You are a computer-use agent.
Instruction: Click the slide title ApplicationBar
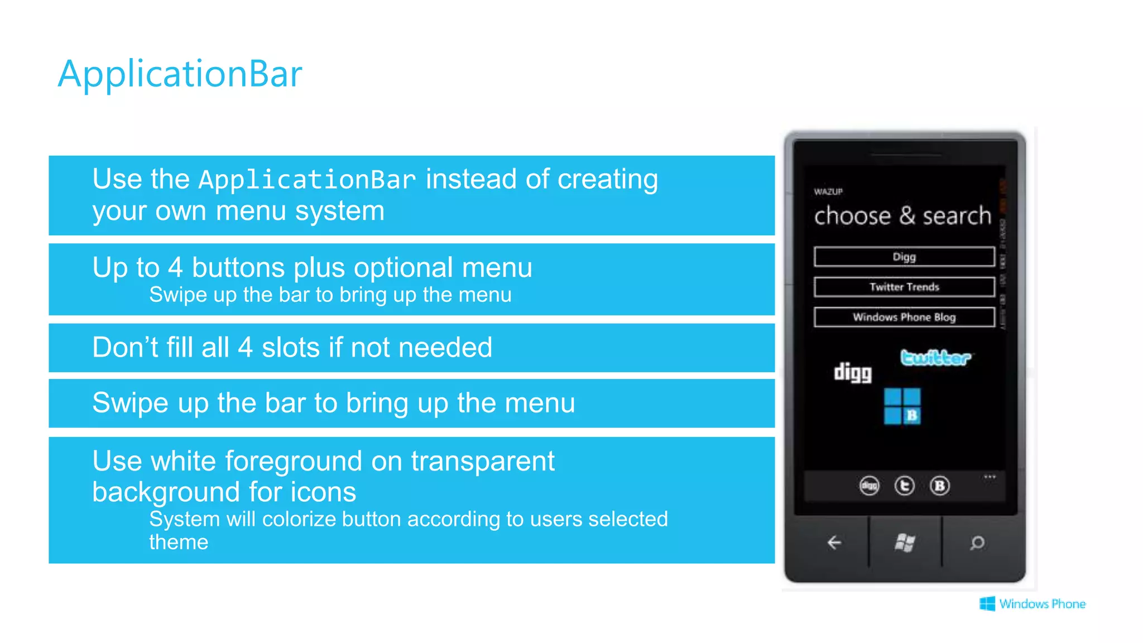click(180, 74)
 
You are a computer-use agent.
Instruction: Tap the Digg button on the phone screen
click(904, 257)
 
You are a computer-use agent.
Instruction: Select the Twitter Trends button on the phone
click(904, 287)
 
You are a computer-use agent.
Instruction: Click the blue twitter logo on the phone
click(935, 357)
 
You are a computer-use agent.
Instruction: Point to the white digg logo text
click(852, 372)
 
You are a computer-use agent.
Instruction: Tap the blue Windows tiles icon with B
click(902, 406)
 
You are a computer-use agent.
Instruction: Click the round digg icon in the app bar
click(869, 486)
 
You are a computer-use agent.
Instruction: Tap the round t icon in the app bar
click(904, 486)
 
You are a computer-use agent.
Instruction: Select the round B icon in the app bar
click(940, 486)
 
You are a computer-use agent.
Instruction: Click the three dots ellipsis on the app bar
click(990, 477)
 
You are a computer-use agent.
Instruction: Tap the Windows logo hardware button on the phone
click(905, 542)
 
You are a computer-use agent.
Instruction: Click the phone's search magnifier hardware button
click(977, 542)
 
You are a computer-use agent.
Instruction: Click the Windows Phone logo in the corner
click(1032, 604)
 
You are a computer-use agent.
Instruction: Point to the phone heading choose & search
click(902, 216)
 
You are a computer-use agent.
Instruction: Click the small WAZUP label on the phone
click(828, 191)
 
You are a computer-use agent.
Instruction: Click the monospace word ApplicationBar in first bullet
click(307, 180)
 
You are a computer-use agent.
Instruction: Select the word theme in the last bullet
click(179, 542)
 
